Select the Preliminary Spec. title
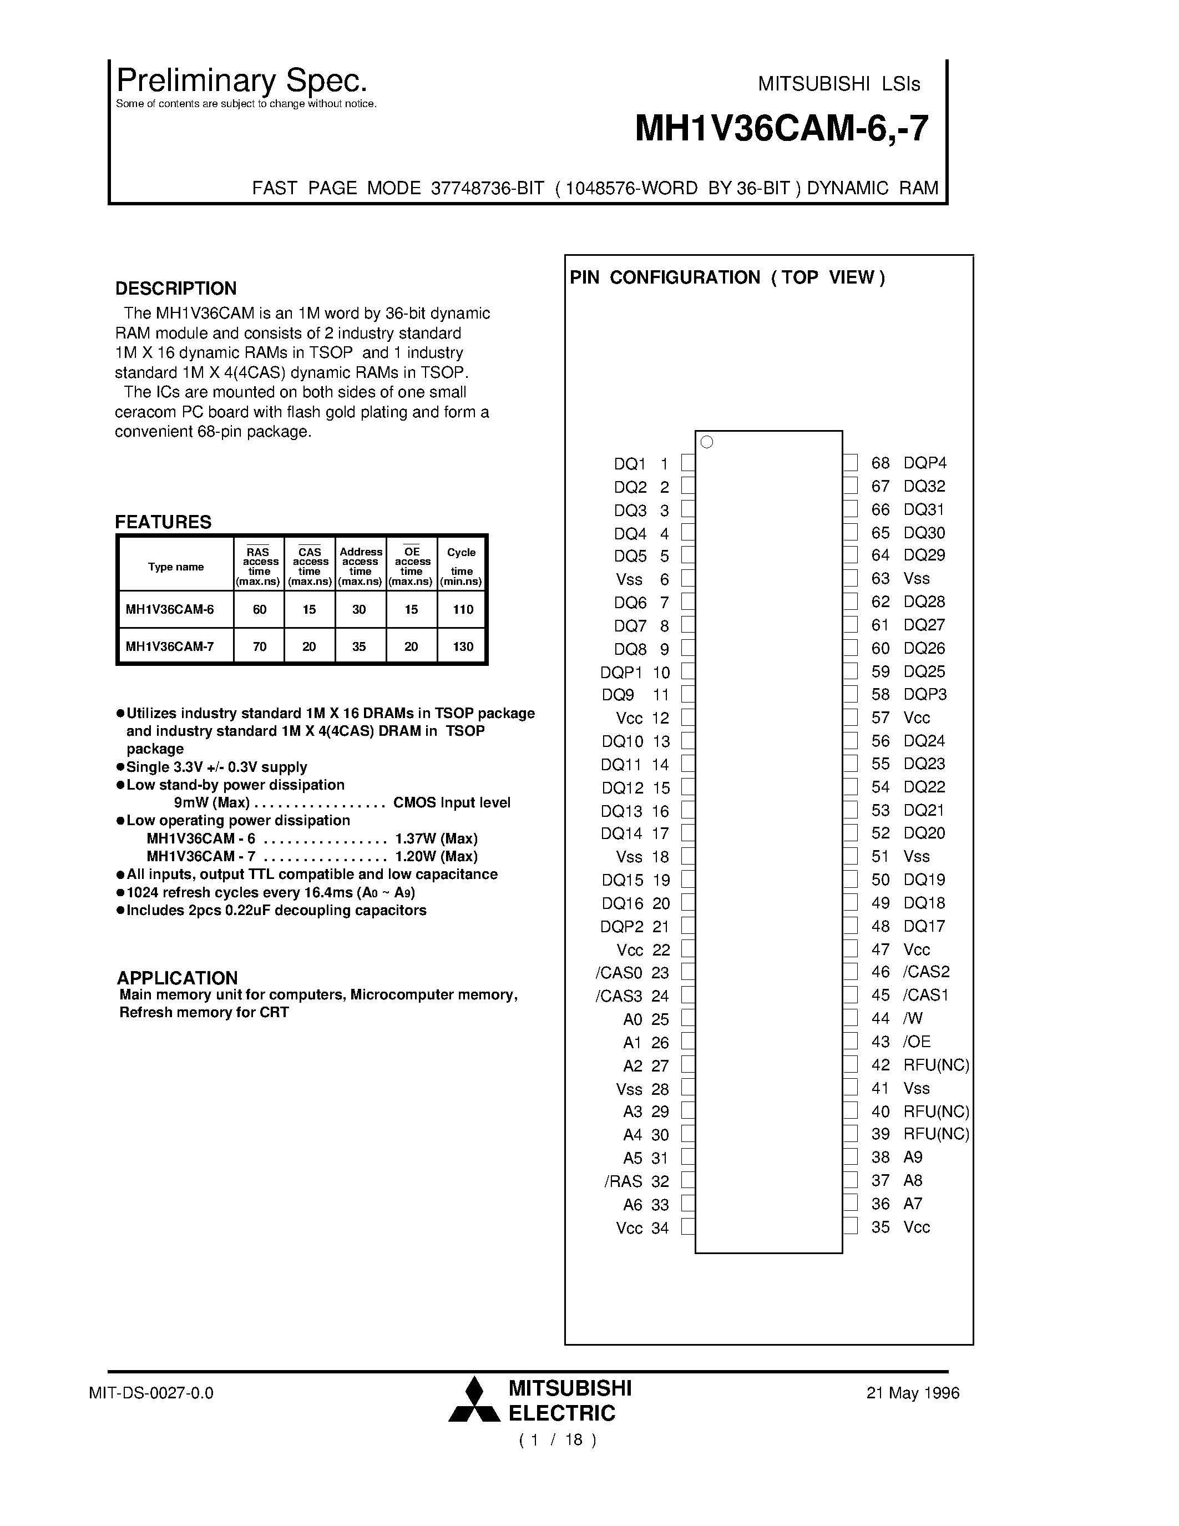(x=242, y=81)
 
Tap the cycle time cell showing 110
(x=462, y=609)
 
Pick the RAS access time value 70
(x=259, y=646)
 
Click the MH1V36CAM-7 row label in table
(x=170, y=646)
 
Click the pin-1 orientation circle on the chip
(x=706, y=442)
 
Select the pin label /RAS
(x=623, y=1181)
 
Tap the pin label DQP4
(x=925, y=463)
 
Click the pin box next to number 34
(x=688, y=1227)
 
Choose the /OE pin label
(x=917, y=1042)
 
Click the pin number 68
(x=880, y=463)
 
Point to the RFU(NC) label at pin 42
(x=936, y=1065)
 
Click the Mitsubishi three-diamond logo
(x=474, y=1399)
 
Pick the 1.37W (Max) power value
(x=436, y=838)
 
